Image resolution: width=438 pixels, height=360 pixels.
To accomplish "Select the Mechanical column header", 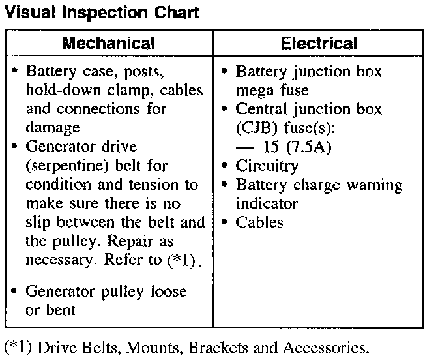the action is pyautogui.click(x=108, y=44).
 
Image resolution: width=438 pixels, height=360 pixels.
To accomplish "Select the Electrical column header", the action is pyautogui.click(x=319, y=44).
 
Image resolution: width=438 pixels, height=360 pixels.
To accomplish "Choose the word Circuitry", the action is pyautogui.click(x=267, y=166).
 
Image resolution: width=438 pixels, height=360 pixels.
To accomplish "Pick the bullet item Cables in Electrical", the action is pyautogui.click(x=259, y=222).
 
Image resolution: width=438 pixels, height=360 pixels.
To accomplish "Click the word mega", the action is pyautogui.click(x=254, y=90).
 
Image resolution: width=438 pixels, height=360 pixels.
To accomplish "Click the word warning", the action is pyautogui.click(x=374, y=185).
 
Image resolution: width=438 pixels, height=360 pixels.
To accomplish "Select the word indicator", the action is pyautogui.click(x=267, y=203).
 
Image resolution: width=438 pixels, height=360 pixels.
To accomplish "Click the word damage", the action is pyautogui.click(x=53, y=128).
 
